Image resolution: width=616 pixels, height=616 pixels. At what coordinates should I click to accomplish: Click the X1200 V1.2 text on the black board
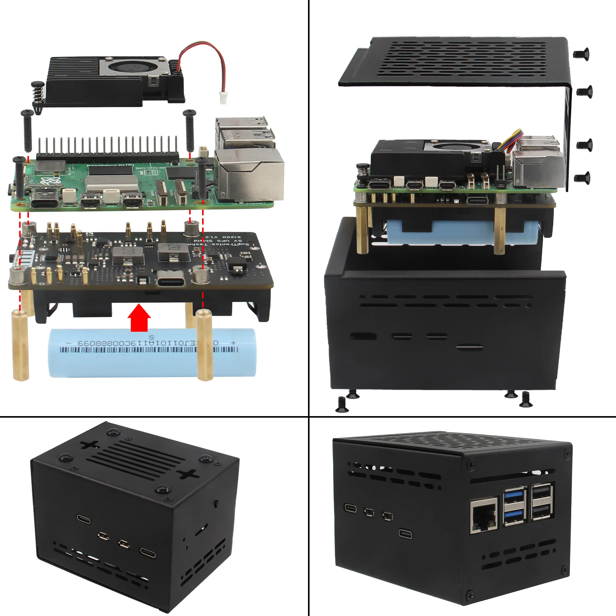click(x=227, y=237)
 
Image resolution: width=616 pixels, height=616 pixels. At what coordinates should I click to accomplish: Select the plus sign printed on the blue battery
click(x=233, y=343)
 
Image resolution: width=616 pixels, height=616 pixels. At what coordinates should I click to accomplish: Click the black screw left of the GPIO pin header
click(x=27, y=131)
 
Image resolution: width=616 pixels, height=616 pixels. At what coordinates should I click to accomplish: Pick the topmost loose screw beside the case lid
click(x=581, y=54)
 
